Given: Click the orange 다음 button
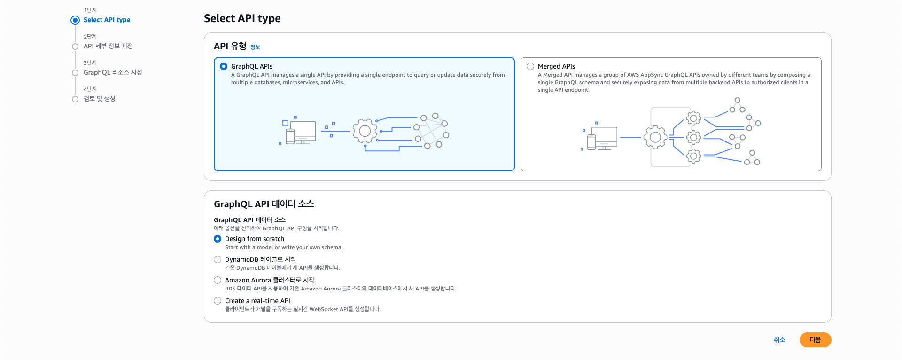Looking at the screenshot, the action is click(815, 340).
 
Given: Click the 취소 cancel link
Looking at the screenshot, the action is click(779, 340).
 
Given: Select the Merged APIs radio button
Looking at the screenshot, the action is click(530, 66).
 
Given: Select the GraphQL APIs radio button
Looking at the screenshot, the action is click(224, 66).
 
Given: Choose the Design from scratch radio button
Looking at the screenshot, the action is click(218, 239).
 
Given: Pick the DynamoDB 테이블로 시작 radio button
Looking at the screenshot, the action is click(218, 259).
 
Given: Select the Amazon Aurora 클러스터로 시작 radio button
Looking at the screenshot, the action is click(218, 280).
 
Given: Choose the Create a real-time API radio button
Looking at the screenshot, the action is click(218, 301).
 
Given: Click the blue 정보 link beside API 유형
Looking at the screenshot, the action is click(255, 47).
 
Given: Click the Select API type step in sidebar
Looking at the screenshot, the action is click(107, 20).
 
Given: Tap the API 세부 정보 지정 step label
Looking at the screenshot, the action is click(108, 46).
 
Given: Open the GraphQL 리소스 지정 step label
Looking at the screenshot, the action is click(113, 72).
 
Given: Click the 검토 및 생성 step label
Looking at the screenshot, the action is click(100, 99).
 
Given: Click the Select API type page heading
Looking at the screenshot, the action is click(242, 18).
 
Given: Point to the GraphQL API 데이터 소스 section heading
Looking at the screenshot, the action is click(264, 204).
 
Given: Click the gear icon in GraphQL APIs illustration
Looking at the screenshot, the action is click(365, 131).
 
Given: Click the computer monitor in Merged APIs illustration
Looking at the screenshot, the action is click(604, 137).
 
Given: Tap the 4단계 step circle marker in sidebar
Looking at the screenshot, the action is click(75, 99).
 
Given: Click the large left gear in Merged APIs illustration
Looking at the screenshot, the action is click(655, 137).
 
